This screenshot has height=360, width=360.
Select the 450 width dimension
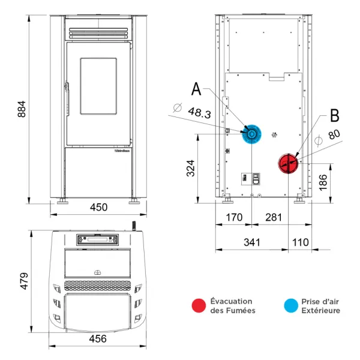click(98, 208)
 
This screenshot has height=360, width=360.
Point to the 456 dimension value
click(98, 339)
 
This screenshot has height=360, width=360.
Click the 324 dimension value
click(191, 169)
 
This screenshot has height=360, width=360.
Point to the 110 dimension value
click(301, 242)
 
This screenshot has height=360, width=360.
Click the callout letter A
click(197, 89)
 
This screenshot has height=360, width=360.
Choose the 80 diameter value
click(334, 135)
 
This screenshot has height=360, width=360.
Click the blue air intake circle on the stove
click(252, 134)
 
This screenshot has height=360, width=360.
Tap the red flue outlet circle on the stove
click(288, 162)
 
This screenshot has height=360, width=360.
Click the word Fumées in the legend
click(241, 310)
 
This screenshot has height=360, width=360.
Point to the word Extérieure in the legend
click(320, 310)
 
